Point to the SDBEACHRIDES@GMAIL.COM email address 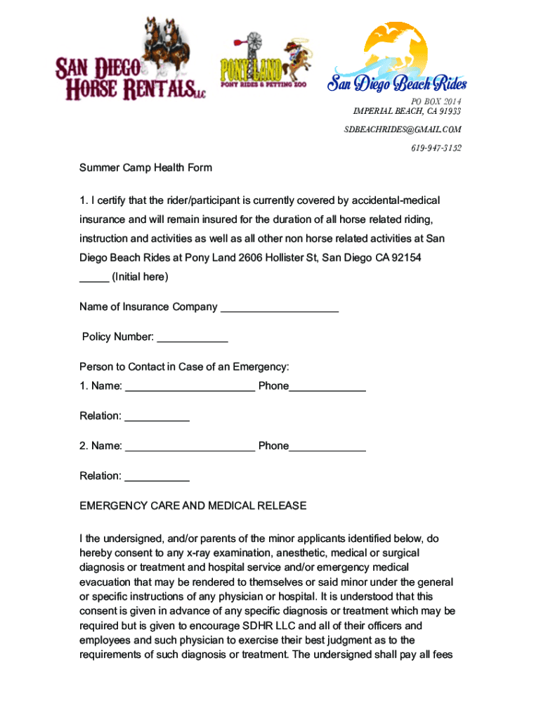(403, 129)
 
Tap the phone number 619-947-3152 (436, 148)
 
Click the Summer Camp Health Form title (145, 168)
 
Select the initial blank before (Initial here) (94, 277)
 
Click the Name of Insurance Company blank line (280, 307)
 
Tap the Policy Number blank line (193, 337)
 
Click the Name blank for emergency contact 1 (190, 386)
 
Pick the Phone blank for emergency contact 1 (327, 386)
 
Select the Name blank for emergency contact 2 (190, 446)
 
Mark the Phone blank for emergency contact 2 (327, 446)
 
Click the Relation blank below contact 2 (157, 476)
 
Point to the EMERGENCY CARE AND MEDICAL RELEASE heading (193, 506)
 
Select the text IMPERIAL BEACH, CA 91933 (407, 111)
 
